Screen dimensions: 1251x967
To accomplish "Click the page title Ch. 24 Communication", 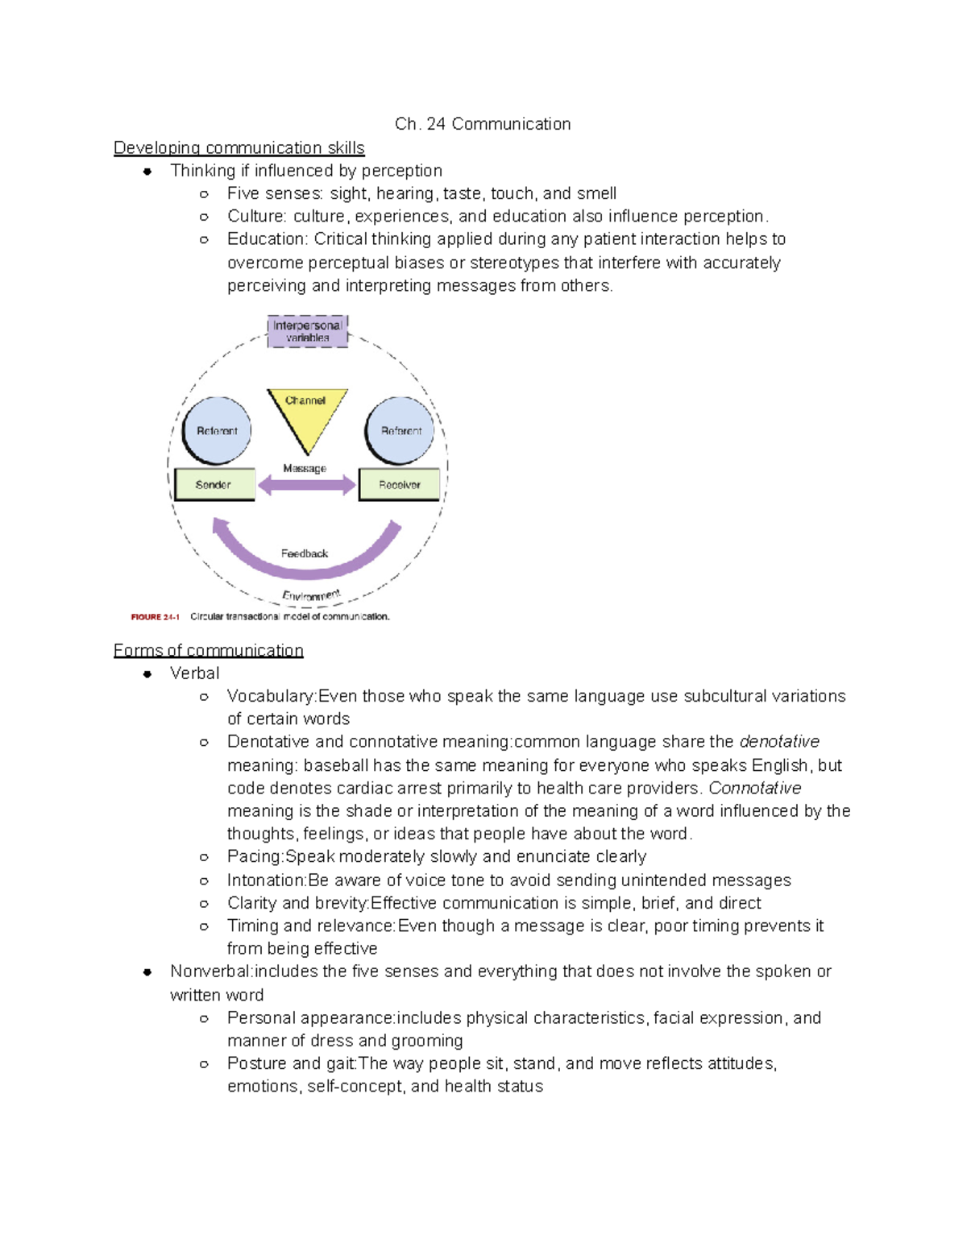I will coord(483,124).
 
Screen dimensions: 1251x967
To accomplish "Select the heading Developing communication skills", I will coord(239,148).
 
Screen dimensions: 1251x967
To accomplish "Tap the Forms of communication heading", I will coord(208,651).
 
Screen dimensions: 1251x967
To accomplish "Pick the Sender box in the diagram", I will coord(214,485).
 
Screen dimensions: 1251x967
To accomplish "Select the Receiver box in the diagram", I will coord(399,485).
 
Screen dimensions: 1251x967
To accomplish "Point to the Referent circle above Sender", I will coord(217,431).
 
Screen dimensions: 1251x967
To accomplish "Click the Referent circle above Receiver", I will coord(400,431).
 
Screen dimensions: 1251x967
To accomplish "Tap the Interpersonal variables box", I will coord(307,331).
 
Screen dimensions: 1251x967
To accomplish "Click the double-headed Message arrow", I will coord(306,485).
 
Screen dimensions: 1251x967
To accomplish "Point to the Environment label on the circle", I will coord(311,596).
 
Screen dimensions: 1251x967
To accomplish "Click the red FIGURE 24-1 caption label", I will coord(155,617).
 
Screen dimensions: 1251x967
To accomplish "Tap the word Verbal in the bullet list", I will coord(194,673).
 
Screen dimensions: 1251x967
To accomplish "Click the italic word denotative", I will coord(779,742).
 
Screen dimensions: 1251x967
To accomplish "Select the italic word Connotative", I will coord(755,788).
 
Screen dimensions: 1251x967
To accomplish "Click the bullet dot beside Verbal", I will coord(147,674).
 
